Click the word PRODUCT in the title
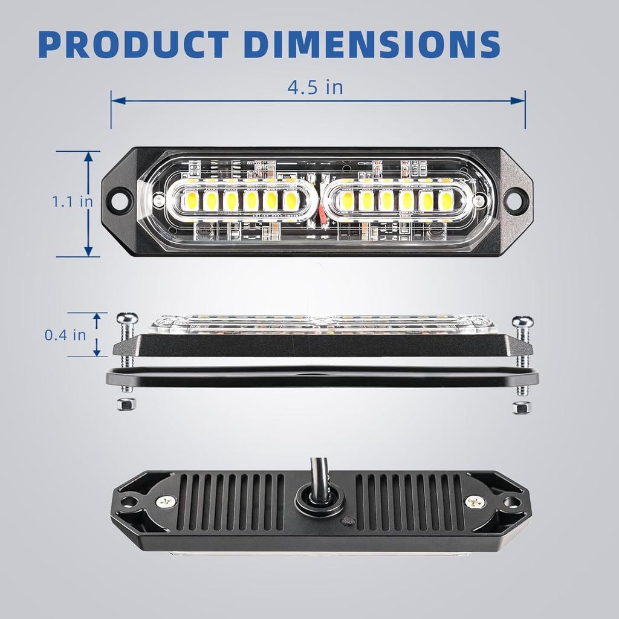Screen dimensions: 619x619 click(x=135, y=43)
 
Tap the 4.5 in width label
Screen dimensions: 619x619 click(x=315, y=87)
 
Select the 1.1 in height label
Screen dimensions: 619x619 click(x=71, y=201)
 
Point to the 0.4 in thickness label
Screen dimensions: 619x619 click(x=65, y=334)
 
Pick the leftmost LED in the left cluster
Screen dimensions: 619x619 click(x=188, y=200)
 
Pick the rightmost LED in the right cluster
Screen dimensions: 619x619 click(x=446, y=200)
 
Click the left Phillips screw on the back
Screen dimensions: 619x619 click(x=164, y=501)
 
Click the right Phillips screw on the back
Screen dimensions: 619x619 click(x=475, y=501)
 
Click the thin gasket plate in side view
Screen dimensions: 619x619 click(x=320, y=378)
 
